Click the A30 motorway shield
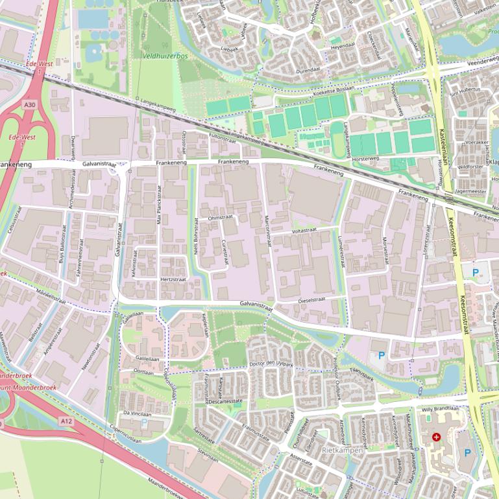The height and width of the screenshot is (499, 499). click(x=29, y=104)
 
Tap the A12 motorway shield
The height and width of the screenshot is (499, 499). click(x=66, y=421)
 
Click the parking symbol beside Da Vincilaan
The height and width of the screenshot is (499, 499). click(x=144, y=422)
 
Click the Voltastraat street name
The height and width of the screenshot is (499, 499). click(x=304, y=230)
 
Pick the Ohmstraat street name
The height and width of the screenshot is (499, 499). click(x=220, y=218)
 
